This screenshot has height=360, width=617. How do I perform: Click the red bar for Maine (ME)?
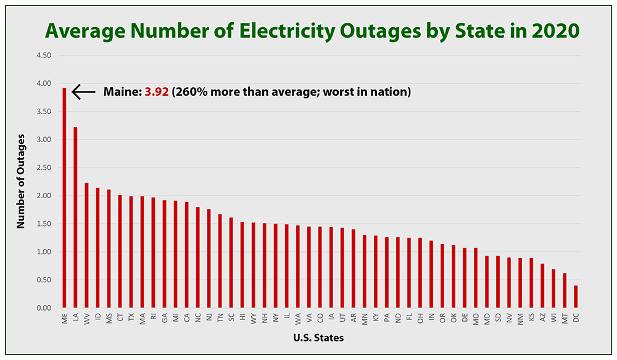(64, 198)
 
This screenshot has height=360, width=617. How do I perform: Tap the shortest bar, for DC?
(576, 296)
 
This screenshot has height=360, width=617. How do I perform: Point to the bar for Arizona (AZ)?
(542, 286)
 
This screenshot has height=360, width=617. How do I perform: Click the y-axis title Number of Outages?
(21, 180)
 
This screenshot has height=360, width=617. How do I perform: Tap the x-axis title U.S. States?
(319, 338)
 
